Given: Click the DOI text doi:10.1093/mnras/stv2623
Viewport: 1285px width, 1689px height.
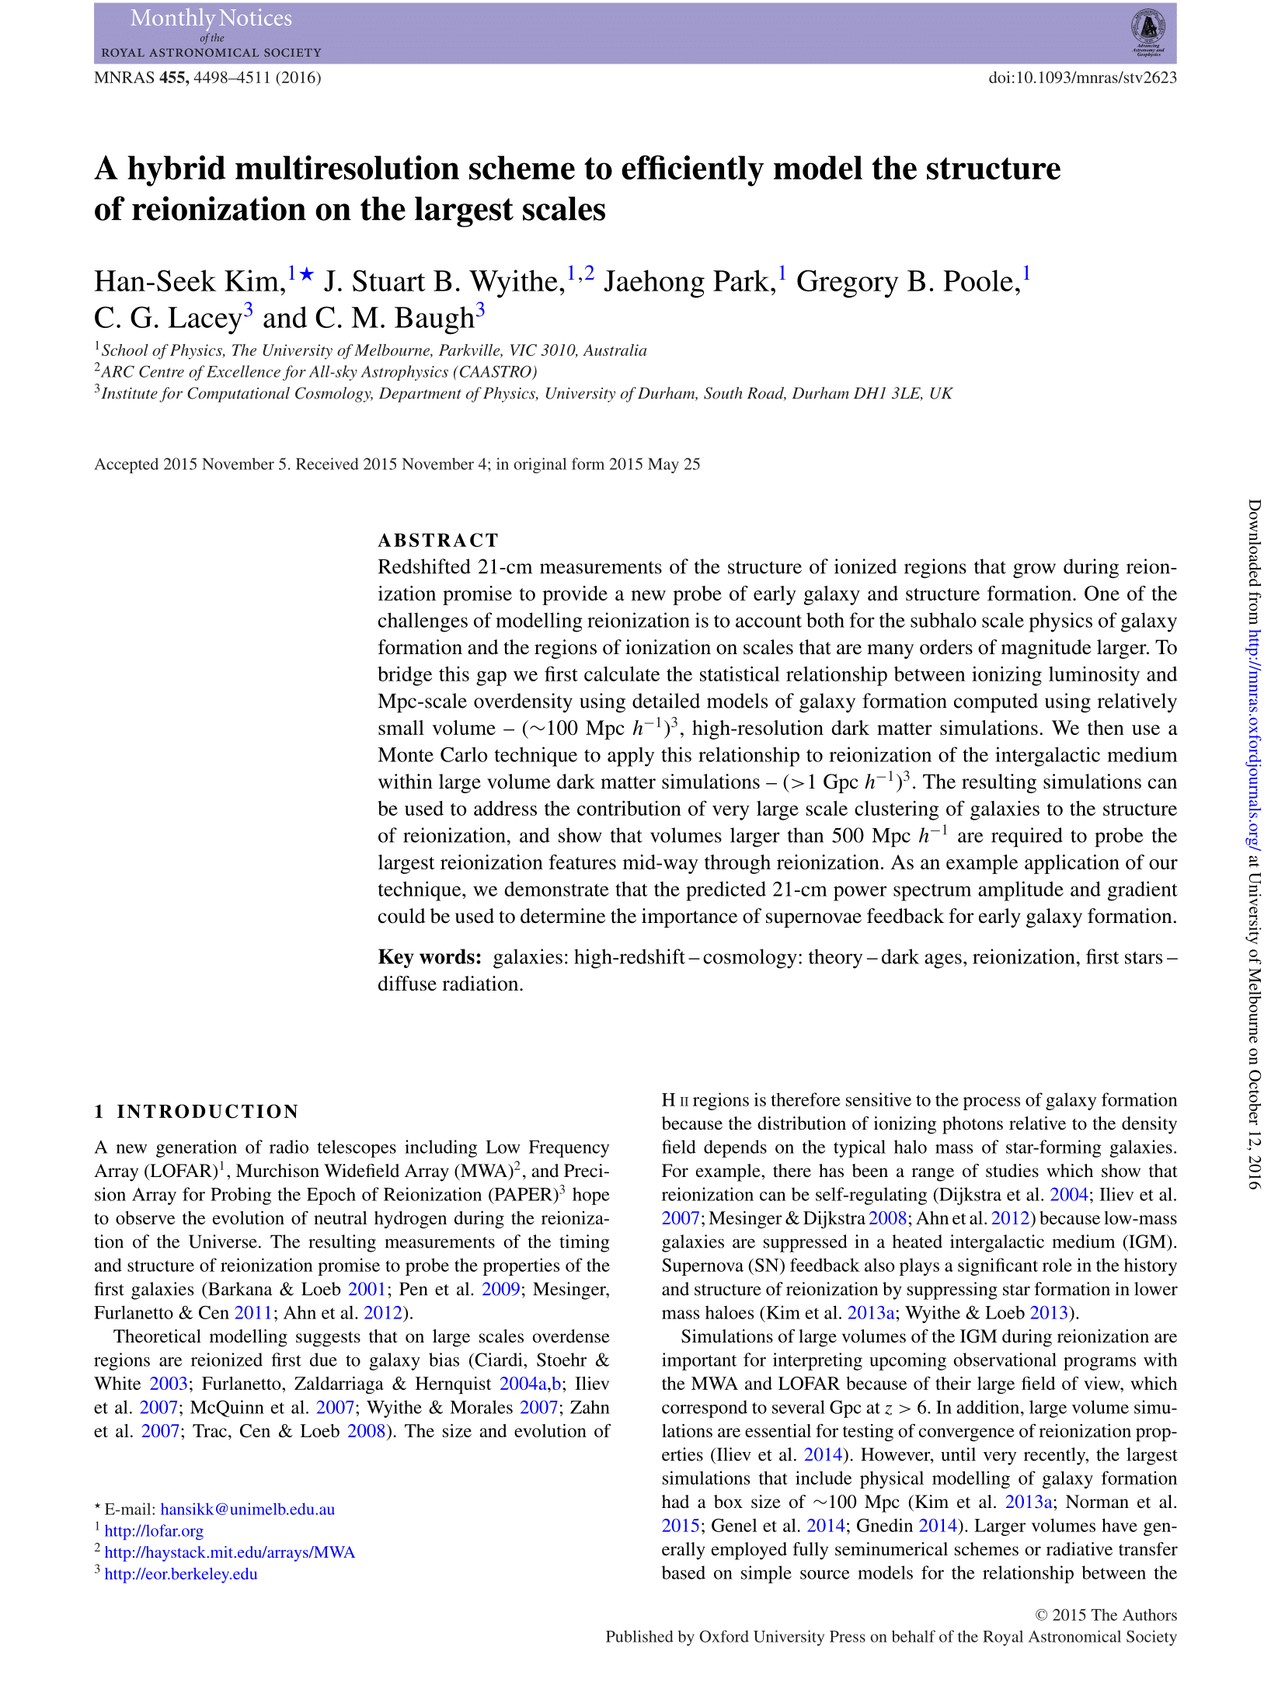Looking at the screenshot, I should click(x=1082, y=78).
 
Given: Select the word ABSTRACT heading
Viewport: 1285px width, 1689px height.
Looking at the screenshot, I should click(x=438, y=540).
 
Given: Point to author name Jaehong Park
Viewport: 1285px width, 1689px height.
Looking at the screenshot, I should click(x=689, y=281).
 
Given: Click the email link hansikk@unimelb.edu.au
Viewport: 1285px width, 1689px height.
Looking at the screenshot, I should click(x=247, y=1509).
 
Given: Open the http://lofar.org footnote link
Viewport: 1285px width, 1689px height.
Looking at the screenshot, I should click(x=154, y=1531).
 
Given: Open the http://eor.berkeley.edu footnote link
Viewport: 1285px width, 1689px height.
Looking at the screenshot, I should click(x=180, y=1573).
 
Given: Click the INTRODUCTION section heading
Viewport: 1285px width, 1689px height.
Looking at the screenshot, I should click(x=207, y=1111).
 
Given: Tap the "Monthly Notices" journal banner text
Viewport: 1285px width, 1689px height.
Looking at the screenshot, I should click(x=211, y=19).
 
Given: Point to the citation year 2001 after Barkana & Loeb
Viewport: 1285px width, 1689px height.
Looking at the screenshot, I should click(x=367, y=1289).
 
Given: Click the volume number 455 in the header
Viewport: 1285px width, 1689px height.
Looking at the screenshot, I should click(x=173, y=78).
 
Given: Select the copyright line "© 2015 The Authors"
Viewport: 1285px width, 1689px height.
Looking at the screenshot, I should click(x=1106, y=1614).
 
